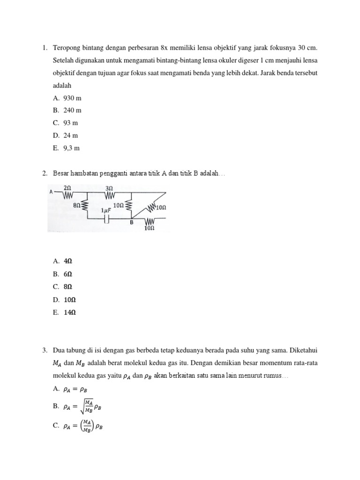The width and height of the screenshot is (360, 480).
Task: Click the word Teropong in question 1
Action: [x=66, y=48]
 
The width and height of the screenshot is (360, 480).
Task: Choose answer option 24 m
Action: [x=70, y=135]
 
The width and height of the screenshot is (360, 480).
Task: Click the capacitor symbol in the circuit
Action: [x=107, y=219]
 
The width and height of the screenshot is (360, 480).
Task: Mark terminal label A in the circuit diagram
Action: [x=50, y=192]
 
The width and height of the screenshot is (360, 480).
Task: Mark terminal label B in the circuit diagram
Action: [x=132, y=223]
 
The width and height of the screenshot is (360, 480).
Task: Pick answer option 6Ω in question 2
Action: [x=68, y=274]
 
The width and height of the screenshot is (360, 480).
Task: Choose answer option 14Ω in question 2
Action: [x=69, y=312]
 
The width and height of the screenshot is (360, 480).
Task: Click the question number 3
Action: [x=45, y=350]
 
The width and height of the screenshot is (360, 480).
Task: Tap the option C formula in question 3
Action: [x=82, y=426]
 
